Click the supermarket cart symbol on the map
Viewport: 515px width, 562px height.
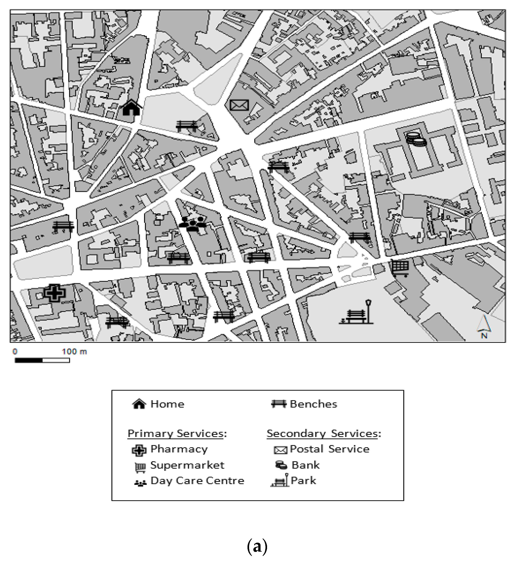[x=400, y=268]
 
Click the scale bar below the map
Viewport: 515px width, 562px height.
[x=42, y=360]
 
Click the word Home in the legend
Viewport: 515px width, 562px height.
[x=167, y=404]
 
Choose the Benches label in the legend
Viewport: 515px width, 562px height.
[x=313, y=404]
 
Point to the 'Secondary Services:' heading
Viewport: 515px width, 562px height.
[x=324, y=433]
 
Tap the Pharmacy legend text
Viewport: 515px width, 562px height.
[x=179, y=449]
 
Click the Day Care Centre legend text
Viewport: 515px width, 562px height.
[x=197, y=481]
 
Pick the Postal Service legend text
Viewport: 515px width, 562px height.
[x=330, y=449]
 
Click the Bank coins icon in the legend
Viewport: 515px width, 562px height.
[x=281, y=465]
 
